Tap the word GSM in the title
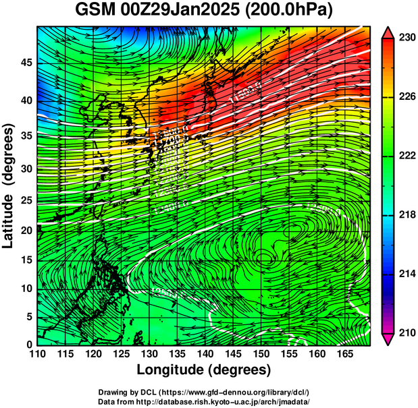96,11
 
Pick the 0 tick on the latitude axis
28,345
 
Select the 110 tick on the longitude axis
37,354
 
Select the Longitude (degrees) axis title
204,370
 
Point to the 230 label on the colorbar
407,38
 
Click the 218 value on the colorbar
407,214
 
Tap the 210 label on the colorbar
407,332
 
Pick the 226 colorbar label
407,96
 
